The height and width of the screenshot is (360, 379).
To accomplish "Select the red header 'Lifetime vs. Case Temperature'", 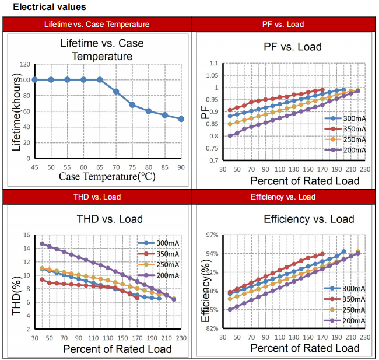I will coord(97,25).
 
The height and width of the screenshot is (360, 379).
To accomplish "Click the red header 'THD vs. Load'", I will coord(97,197).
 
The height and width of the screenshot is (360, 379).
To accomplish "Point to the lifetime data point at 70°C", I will coord(116,92).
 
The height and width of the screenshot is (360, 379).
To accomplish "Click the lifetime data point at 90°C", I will coord(181,119).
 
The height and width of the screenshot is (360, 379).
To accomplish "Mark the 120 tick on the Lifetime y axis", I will coord(24,64).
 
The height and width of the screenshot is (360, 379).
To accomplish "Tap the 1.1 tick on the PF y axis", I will coord(213,63).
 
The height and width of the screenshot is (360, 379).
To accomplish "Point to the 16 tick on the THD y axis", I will coord(26,235).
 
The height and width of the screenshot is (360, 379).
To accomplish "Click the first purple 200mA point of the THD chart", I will coord(42,243).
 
